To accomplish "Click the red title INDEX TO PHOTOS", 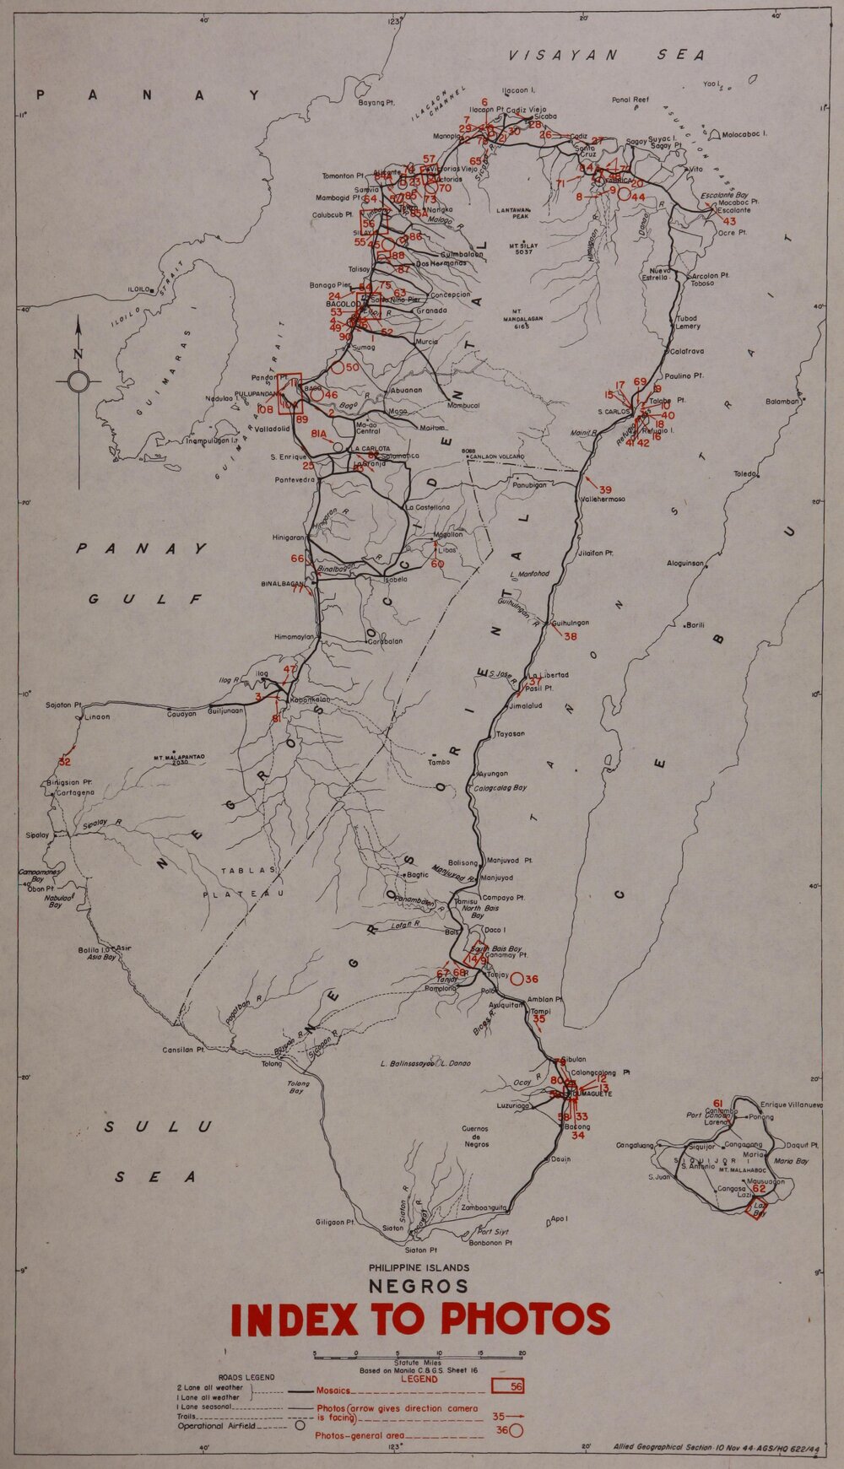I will pos(419,1320).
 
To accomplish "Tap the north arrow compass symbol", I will pos(78,381).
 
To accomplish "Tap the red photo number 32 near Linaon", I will pos(64,762).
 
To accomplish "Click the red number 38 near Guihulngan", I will pos(571,636).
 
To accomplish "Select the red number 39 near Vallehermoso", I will pos(605,489).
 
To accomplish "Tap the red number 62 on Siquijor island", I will pos(759,1189).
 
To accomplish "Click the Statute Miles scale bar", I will pos(419,1354).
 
